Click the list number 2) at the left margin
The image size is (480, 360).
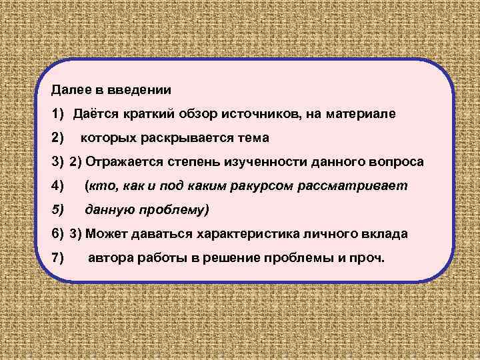(57, 139)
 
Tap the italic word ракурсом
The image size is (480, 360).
(283, 187)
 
